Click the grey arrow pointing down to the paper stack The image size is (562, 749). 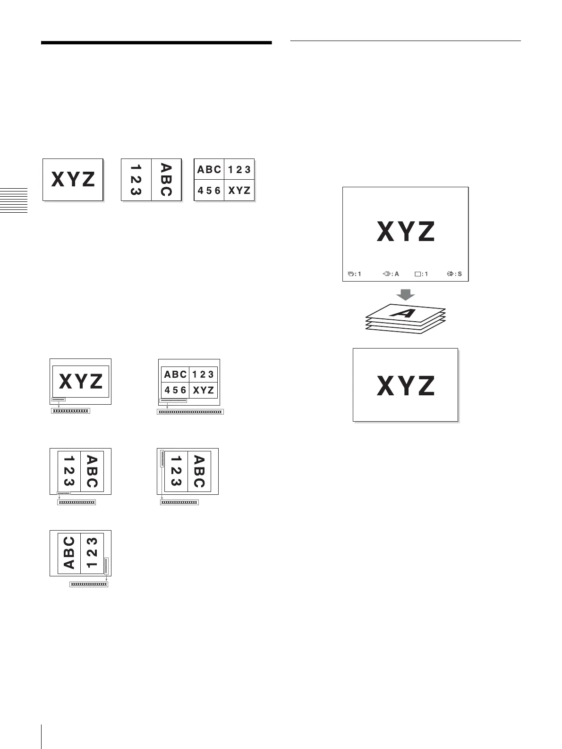pyautogui.click(x=405, y=295)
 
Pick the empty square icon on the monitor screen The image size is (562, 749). pyautogui.click(x=417, y=274)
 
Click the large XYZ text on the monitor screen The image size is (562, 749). pyautogui.click(x=405, y=232)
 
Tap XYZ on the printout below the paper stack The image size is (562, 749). pyautogui.click(x=405, y=385)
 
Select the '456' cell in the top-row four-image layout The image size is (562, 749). pyautogui.click(x=209, y=191)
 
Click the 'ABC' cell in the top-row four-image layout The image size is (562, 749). pyautogui.click(x=209, y=169)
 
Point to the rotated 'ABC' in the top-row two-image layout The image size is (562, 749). pyautogui.click(x=166, y=180)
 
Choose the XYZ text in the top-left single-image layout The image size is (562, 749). pyautogui.click(x=73, y=180)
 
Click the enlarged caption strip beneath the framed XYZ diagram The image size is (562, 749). pyautogui.click(x=70, y=411)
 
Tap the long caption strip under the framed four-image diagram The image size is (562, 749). pyautogui.click(x=190, y=412)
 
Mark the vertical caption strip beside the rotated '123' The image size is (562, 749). pyautogui.click(x=162, y=458)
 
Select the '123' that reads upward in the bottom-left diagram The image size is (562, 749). pyautogui.click(x=93, y=553)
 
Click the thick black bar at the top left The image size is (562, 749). pyautogui.click(x=156, y=43)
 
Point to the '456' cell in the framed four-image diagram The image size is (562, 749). pyautogui.click(x=175, y=390)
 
